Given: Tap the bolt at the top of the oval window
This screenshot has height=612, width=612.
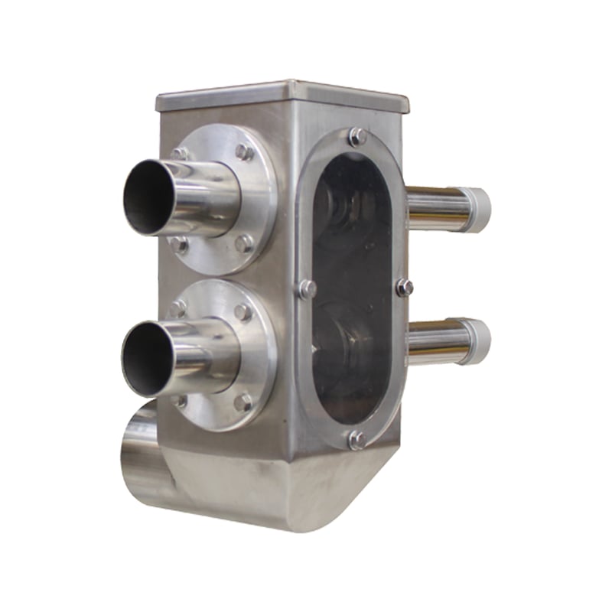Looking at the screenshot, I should coord(356,137).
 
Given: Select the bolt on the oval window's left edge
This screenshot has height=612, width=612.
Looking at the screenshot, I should coord(308,288).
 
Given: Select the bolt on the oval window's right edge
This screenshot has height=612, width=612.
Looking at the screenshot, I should coord(405,287).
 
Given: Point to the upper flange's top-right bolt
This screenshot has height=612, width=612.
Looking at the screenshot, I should coord(243,152).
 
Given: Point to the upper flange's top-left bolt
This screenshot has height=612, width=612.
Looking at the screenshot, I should coord(181,154).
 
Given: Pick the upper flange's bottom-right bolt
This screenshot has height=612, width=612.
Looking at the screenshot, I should coord(243,244).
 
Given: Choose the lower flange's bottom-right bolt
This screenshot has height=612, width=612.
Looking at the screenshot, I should coord(243,401).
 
